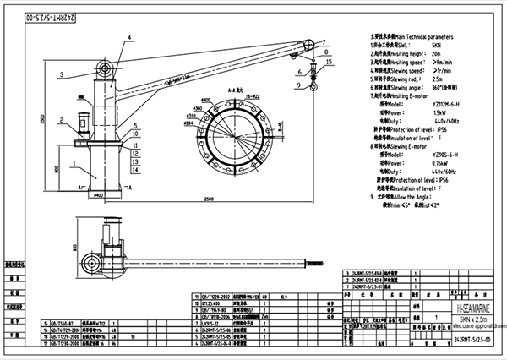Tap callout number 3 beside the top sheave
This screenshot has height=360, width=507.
point(62,75)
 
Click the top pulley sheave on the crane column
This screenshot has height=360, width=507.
point(106,67)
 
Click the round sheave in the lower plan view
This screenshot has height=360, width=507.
point(89,257)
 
